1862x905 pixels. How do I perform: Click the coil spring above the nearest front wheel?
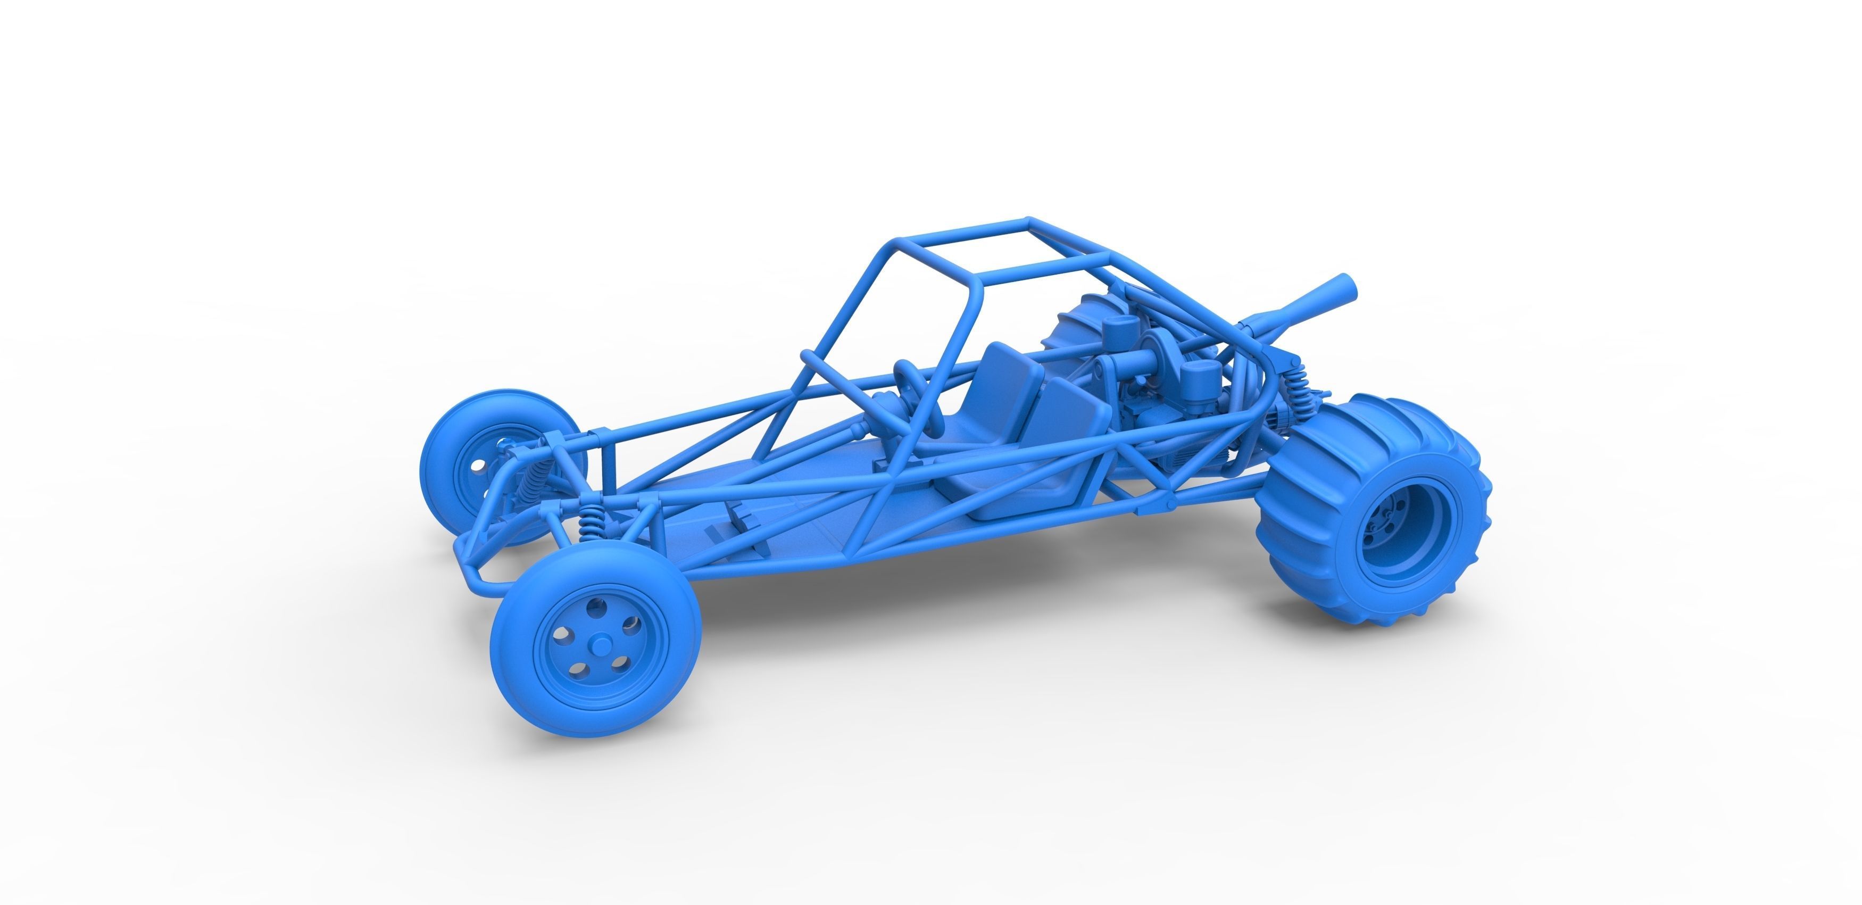coord(592,522)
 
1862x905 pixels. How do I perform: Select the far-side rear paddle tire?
coord(1070,333)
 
